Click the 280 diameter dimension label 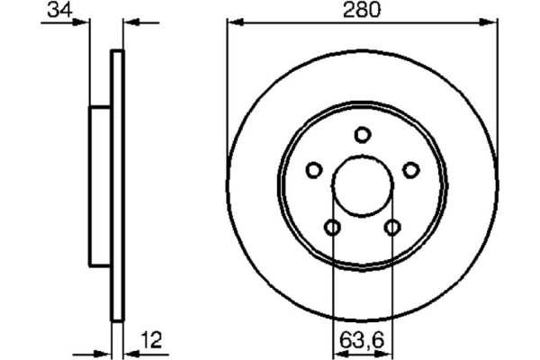click(x=363, y=12)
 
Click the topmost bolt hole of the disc click(x=363, y=135)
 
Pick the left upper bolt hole click(x=314, y=169)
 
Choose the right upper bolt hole click(x=410, y=169)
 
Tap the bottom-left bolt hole click(x=333, y=228)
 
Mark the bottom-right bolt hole click(x=392, y=228)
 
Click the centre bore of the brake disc click(x=363, y=185)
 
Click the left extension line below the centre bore click(x=333, y=279)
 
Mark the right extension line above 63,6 click(x=392, y=279)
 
